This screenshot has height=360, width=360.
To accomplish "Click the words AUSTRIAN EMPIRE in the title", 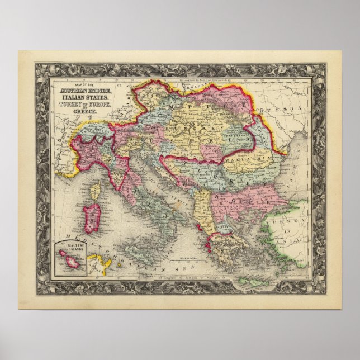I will pos(78,91).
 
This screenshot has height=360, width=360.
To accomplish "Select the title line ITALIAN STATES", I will pos(78,99).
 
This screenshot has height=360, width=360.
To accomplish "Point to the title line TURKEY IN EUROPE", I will pos(78,106).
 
